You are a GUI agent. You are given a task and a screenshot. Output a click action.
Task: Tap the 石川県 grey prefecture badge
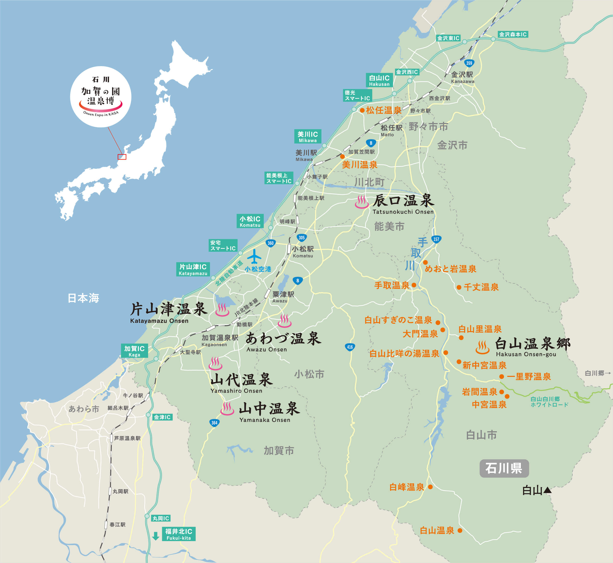(504, 468)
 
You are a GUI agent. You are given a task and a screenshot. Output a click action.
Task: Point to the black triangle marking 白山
(547, 490)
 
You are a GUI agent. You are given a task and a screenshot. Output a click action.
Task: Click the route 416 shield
(350, 347)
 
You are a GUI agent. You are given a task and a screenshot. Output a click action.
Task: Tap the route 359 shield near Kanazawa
(469, 63)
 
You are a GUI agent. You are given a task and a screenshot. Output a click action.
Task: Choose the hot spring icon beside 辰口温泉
(362, 202)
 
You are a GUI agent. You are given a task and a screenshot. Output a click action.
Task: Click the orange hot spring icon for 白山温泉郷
(482, 348)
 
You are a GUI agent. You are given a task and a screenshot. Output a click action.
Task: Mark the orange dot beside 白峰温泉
(430, 487)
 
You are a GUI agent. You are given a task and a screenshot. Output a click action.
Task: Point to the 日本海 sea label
(83, 298)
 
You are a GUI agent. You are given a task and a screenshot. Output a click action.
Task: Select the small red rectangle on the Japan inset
(122, 157)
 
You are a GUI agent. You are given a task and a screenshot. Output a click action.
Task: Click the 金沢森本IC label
(513, 34)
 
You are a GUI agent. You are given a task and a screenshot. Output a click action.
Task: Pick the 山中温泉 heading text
(269, 409)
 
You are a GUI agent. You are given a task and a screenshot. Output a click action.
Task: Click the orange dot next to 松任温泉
(362, 110)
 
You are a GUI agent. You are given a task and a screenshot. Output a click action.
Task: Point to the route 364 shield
(214, 423)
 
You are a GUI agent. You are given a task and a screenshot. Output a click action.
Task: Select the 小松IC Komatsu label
(250, 221)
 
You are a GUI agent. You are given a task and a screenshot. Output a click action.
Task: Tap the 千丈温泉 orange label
(481, 287)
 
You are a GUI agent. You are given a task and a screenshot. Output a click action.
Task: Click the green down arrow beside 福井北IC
(156, 536)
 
